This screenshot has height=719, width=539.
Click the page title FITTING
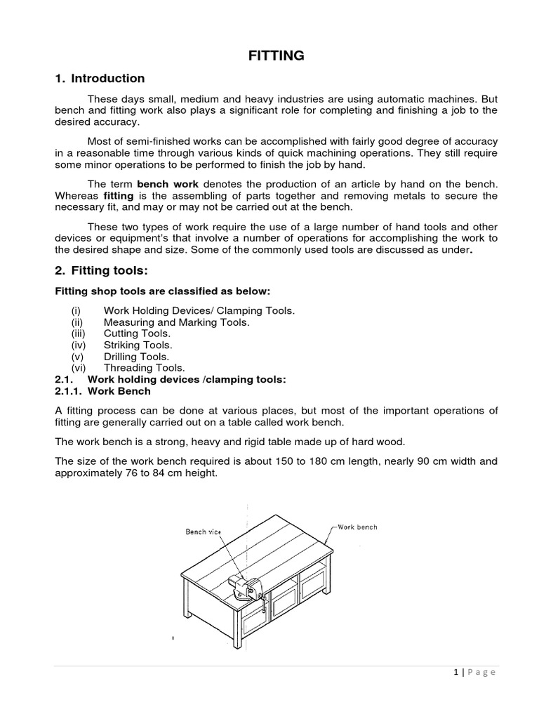276,55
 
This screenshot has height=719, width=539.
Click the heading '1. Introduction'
100,79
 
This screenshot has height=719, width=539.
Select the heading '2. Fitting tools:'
102,271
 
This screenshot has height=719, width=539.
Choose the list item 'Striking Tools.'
138,345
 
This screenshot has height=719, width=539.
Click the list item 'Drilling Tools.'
136,356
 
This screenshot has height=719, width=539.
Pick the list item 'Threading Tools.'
145,367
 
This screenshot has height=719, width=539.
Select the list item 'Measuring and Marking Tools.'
176,322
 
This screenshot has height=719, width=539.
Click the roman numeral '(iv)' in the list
79,345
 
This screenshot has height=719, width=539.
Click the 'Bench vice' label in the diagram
203,532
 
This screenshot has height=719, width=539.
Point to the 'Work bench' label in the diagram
357,527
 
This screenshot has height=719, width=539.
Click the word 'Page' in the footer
481,672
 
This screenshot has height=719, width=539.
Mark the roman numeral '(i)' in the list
76,311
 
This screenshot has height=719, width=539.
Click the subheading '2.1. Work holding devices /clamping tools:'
171,379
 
